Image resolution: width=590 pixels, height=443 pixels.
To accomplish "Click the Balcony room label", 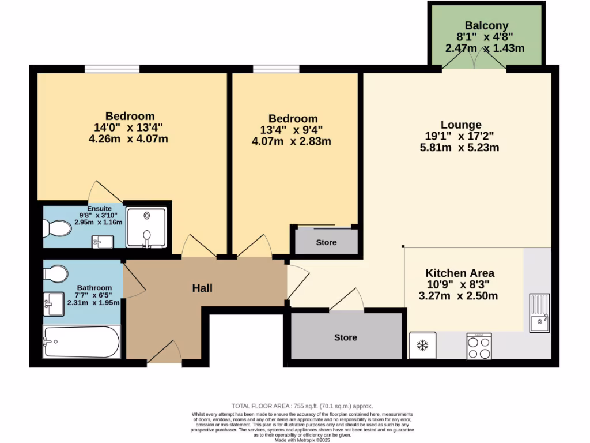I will tap(486, 25).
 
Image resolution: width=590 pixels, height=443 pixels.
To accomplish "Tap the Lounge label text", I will tap(460, 125).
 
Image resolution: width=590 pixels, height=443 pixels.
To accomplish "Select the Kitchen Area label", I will tap(459, 273).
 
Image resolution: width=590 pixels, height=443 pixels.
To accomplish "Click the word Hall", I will tap(202, 288).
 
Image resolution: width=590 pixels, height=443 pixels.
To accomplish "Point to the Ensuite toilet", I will tap(57, 228).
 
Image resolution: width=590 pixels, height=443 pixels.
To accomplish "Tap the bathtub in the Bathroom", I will tap(81, 342).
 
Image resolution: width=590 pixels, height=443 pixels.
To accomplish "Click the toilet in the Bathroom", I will tap(55, 273).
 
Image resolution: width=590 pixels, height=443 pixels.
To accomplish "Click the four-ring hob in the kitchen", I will tap(479, 347).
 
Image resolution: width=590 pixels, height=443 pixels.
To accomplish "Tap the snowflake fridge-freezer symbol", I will tap(422, 346).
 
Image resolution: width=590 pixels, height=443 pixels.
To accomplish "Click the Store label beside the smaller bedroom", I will tap(326, 243).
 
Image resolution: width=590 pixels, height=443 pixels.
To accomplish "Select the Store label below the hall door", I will tap(346, 337).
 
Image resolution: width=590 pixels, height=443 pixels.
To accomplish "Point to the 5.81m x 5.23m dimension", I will tap(460, 147).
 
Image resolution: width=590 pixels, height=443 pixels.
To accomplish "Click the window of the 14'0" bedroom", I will tap(112, 69).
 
